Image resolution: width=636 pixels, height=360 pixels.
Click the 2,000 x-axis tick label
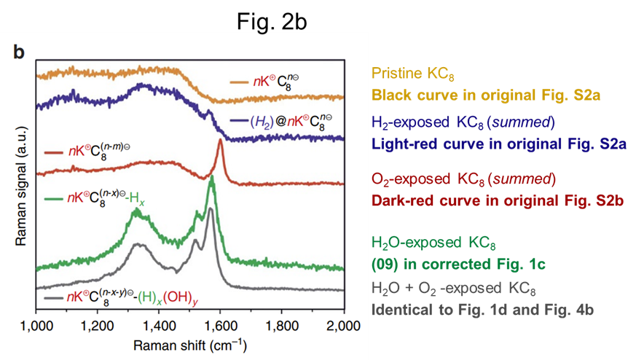(342, 324)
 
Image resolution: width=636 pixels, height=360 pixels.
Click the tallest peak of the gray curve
(211, 208)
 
